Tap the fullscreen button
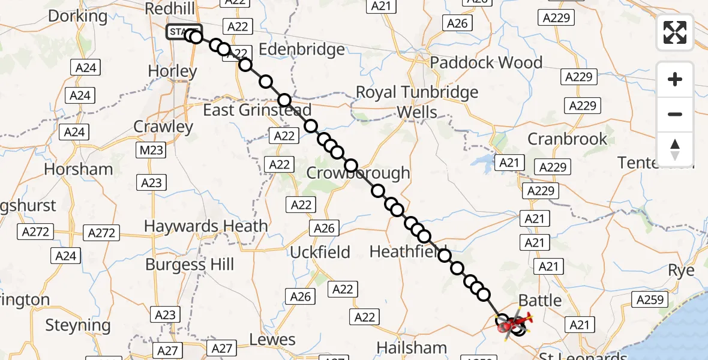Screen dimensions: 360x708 pyautogui.click(x=675, y=32)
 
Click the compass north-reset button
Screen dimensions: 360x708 pyautogui.click(x=675, y=149)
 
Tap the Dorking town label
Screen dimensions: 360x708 pyautogui.click(x=77, y=16)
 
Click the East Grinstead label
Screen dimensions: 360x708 pyautogui.click(x=257, y=110)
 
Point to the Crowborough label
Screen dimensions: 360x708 pyautogui.click(x=358, y=173)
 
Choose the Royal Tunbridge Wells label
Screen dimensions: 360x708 pyautogui.click(x=417, y=102)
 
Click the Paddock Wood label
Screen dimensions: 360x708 pyautogui.click(x=486, y=62)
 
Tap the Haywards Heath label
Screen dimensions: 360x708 pyautogui.click(x=206, y=226)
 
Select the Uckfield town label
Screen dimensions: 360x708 pyautogui.click(x=320, y=252)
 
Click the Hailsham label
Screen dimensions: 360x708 pyautogui.click(x=412, y=347)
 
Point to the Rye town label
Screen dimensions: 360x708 pyautogui.click(x=682, y=271)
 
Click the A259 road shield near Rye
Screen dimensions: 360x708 pyautogui.click(x=649, y=300)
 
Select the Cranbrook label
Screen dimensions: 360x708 pyautogui.click(x=568, y=139)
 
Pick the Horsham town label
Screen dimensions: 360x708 pyautogui.click(x=79, y=169)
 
